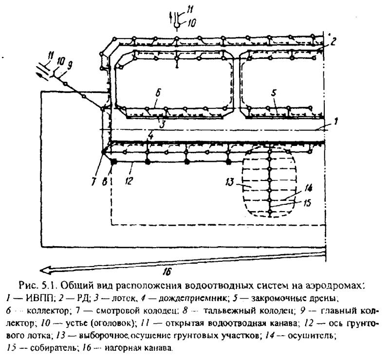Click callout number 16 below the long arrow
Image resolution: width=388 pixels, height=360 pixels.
click(167, 272)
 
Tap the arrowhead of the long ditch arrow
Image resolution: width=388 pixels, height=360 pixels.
click(45, 270)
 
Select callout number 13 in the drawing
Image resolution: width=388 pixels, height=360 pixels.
click(229, 182)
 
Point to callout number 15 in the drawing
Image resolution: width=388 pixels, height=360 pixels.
click(307, 203)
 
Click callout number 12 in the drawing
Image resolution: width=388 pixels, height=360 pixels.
click(129, 181)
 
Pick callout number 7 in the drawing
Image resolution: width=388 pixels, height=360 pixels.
click(93, 182)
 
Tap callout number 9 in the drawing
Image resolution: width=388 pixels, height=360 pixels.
click(70, 65)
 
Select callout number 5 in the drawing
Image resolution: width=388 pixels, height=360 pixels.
click(274, 93)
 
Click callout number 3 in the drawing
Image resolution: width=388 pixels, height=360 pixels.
click(162, 124)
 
